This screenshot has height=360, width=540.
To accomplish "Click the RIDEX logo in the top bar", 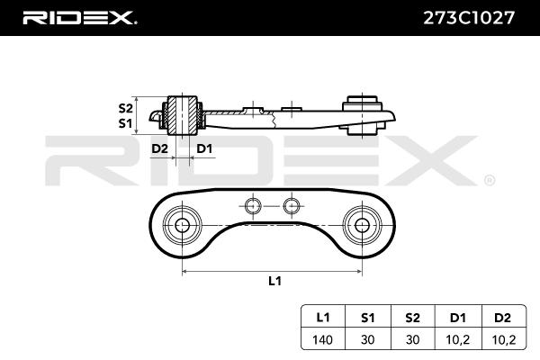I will pyautogui.click(x=79, y=17).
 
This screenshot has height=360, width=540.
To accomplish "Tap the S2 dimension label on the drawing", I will pyautogui.click(x=125, y=107).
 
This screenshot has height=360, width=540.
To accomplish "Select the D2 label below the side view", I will pyautogui.click(x=159, y=148).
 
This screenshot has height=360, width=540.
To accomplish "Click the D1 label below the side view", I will pyautogui.click(x=204, y=148).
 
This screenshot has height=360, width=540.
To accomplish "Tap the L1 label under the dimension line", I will pyautogui.click(x=274, y=281).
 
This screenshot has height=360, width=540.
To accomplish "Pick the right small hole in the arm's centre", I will pyautogui.click(x=290, y=206).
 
